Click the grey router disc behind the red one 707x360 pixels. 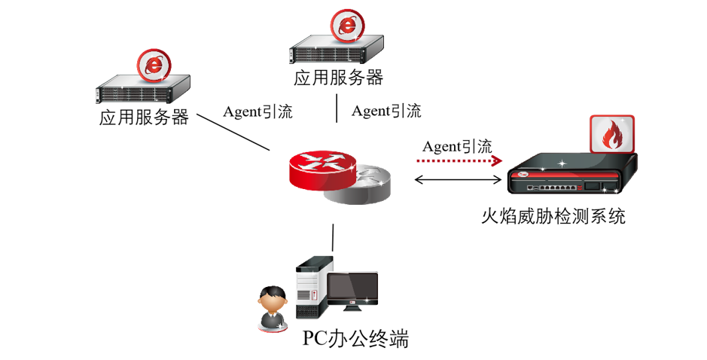(369, 188)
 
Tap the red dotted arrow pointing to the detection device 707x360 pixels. (459, 160)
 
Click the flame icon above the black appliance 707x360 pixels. (611, 136)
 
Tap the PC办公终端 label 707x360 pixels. (355, 338)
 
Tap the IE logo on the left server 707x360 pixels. (155, 66)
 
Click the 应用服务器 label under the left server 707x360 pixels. (144, 118)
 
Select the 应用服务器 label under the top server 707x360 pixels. (338, 78)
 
